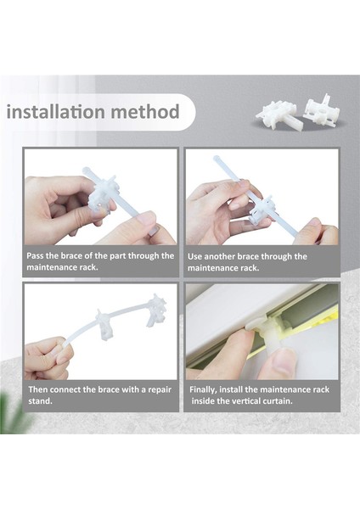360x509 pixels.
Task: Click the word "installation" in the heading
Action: click(x=56, y=112)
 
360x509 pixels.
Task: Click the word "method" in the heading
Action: click(x=145, y=112)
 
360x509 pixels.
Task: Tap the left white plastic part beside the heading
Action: click(x=277, y=115)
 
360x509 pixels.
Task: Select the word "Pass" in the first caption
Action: click(x=35, y=256)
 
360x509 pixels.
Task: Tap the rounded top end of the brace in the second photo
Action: click(x=217, y=159)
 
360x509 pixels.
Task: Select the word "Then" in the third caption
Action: click(x=38, y=389)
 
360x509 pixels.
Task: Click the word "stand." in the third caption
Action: click(x=40, y=401)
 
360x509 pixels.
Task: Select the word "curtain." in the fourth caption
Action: click(x=278, y=401)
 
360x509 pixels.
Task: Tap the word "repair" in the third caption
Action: click(x=160, y=390)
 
